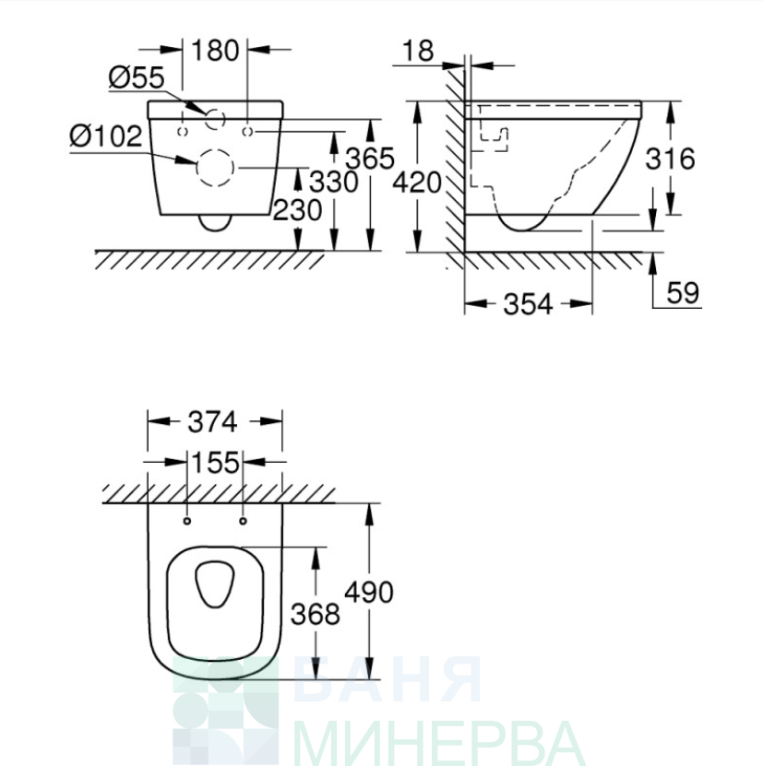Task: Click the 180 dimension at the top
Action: coord(215,51)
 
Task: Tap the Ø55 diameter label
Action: coord(137,77)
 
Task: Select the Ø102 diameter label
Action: coord(106,136)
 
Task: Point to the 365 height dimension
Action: coord(370,159)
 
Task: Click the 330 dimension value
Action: coord(334,182)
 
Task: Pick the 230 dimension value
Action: coord(297,210)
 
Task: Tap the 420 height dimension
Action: coord(417,183)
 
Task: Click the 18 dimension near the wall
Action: coord(418,51)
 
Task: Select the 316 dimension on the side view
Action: coord(670,159)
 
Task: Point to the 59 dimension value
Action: coord(683,292)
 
